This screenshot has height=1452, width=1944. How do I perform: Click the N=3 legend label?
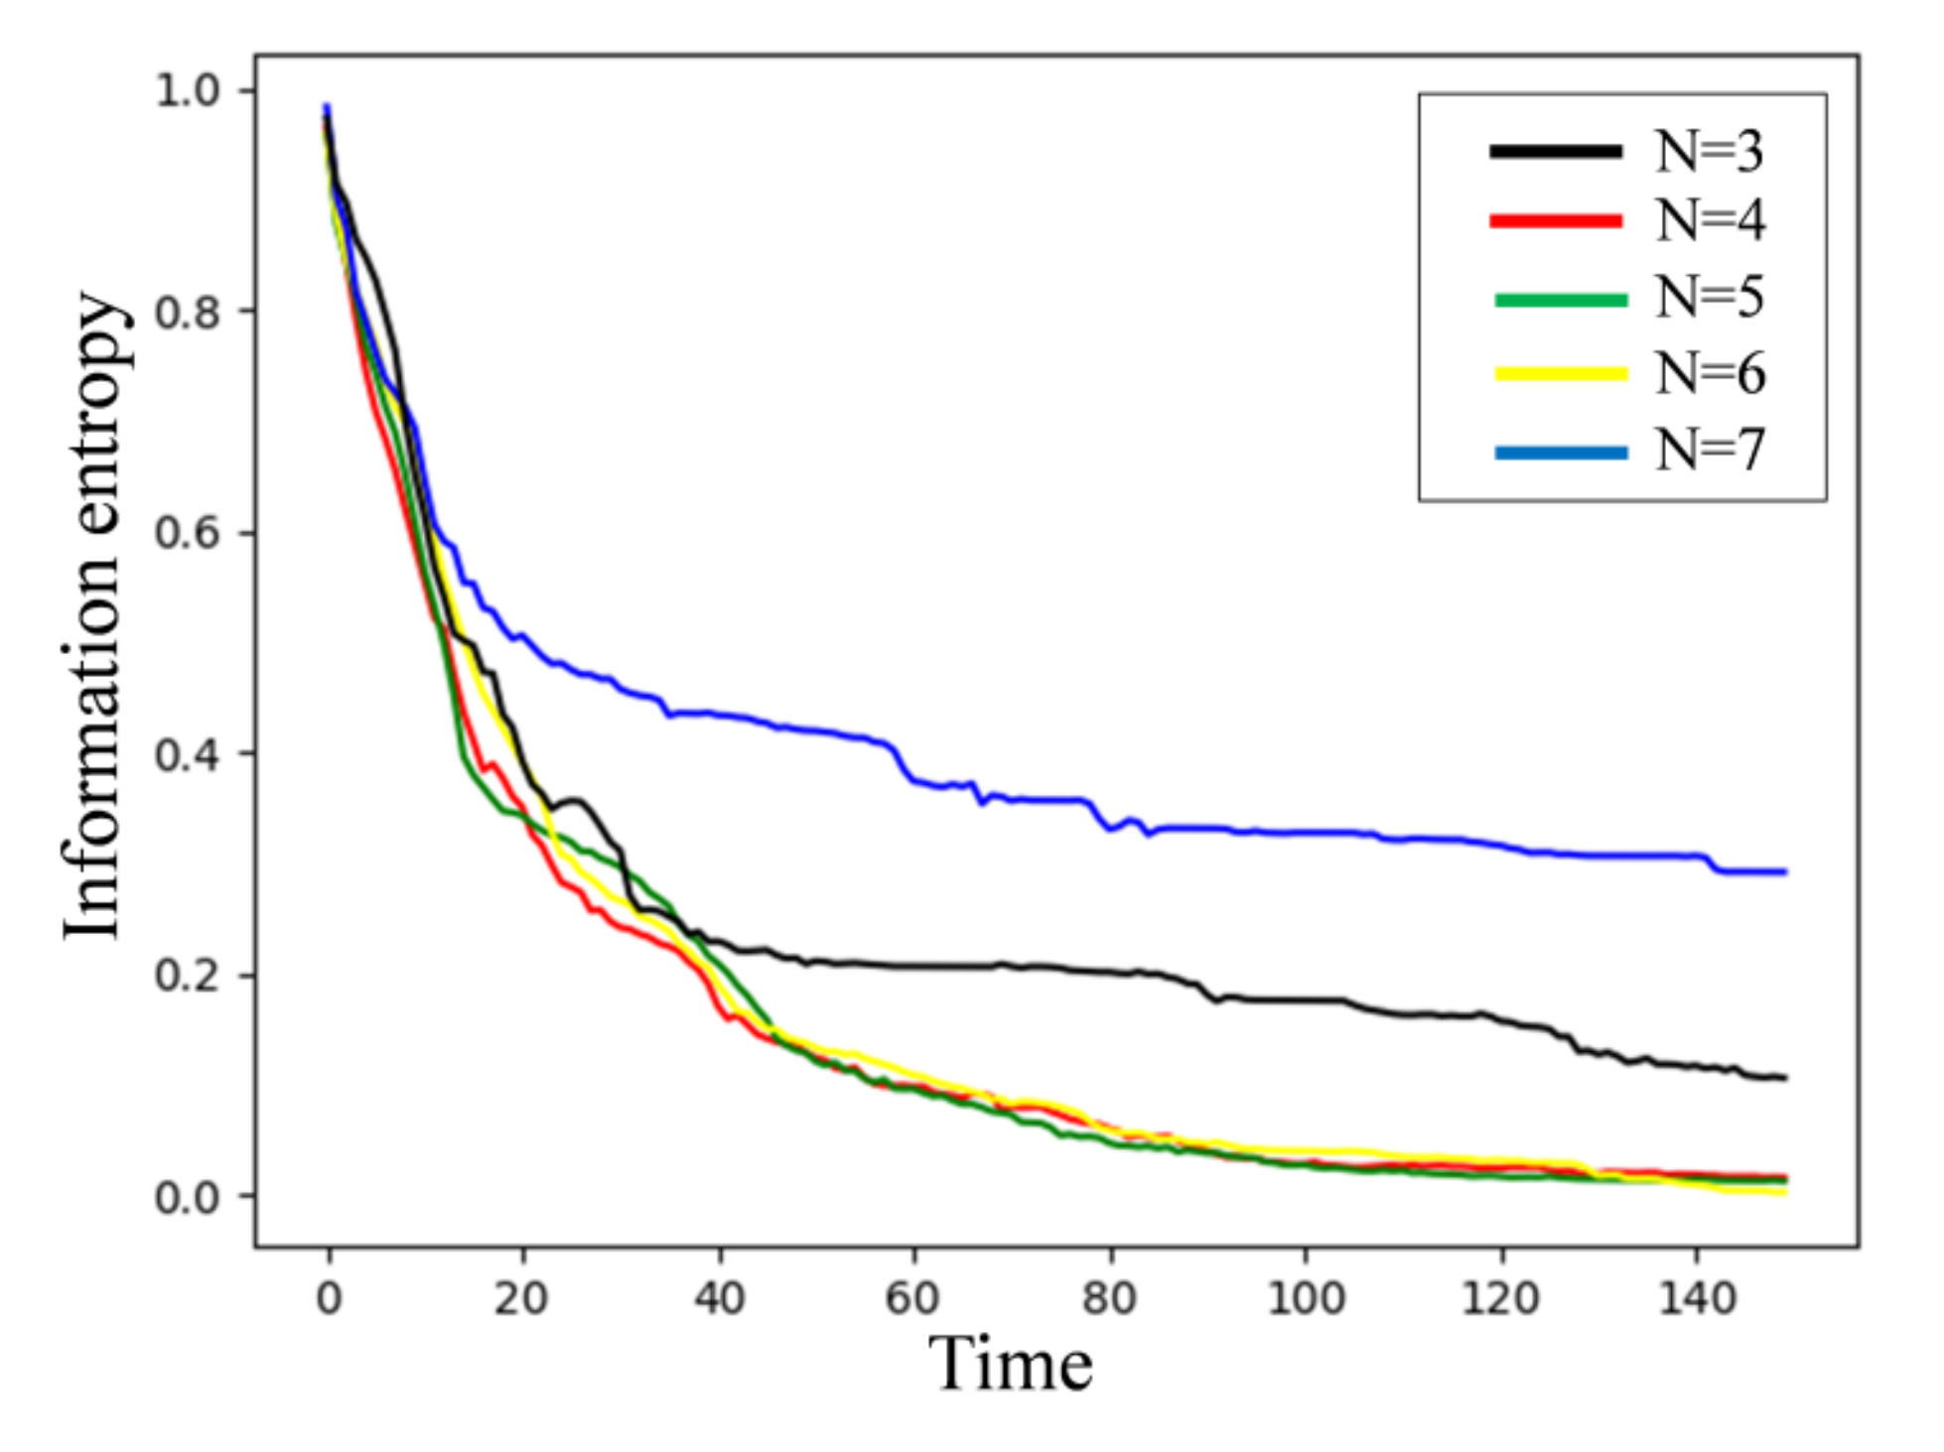point(1709,152)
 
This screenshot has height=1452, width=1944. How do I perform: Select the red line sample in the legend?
point(1556,221)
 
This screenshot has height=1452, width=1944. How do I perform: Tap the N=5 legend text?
point(1709,297)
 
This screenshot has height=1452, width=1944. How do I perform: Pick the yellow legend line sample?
point(1561,374)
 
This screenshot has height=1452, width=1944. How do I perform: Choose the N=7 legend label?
point(1709,451)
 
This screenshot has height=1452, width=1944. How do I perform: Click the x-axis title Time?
point(1010,1365)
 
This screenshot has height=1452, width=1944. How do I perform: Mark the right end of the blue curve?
point(1784,872)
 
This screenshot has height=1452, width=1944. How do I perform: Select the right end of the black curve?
point(1784,1078)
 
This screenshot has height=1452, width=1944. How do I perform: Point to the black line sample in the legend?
point(1556,152)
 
